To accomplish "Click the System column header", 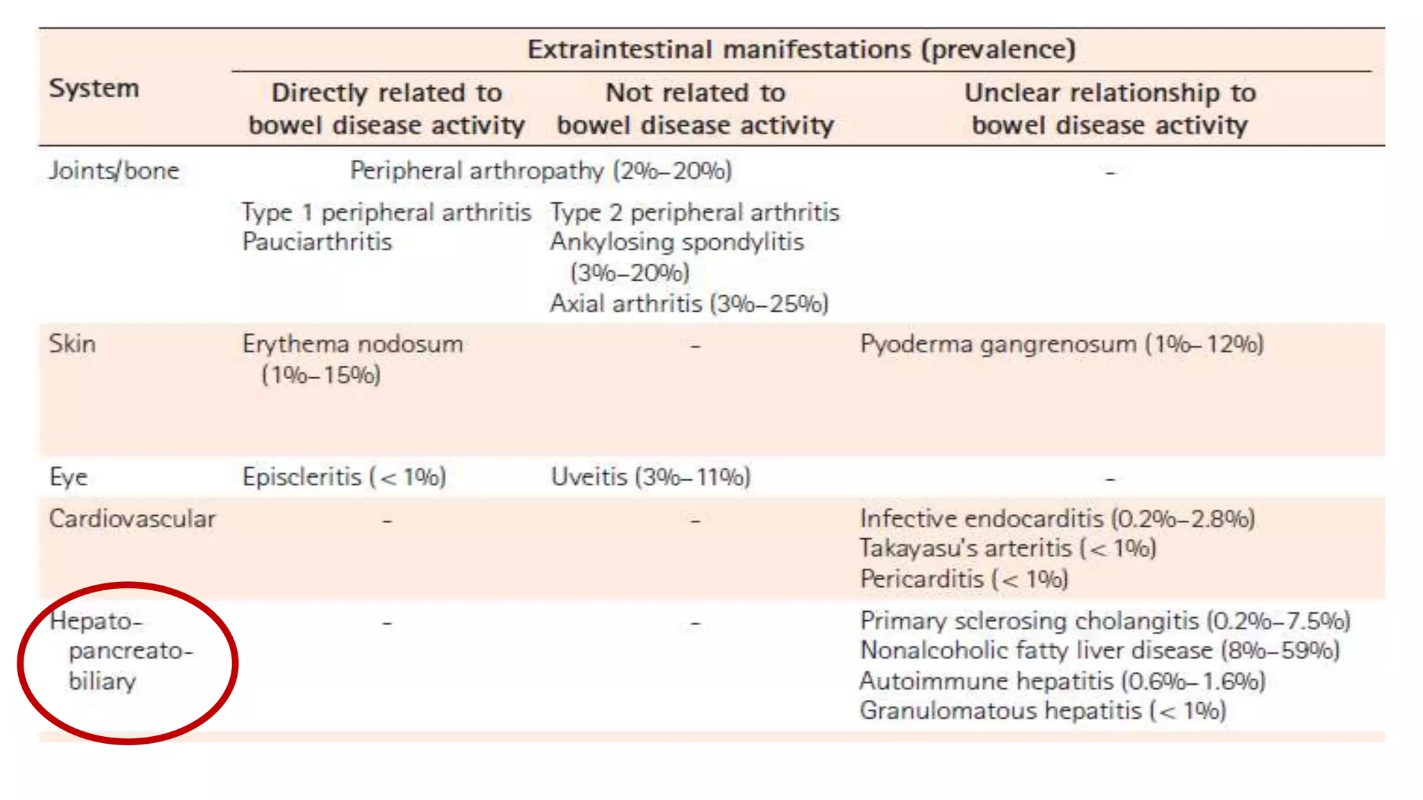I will pos(94,88).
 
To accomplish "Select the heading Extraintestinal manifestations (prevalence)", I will pos(801,49).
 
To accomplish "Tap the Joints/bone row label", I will pos(114,170).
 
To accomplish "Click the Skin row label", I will pos(72,344).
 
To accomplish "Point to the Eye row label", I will pos(68,477).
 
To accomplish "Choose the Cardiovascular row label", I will pos(132,519).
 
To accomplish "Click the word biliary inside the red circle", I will pos(102,681).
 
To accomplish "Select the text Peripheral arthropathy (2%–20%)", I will pos(541,170).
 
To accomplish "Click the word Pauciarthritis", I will pos(317,242).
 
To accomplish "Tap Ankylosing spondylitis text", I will pos(677,242).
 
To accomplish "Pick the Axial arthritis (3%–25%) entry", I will pos(689,303).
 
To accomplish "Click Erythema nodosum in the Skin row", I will pos(352,344).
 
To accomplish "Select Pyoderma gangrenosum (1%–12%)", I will pos(1061,344).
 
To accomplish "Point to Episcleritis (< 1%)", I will pos(344,477).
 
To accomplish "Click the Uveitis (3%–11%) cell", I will pos(650,477).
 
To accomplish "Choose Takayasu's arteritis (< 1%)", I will pos(1007,549).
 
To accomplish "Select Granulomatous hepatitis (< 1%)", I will pos(1042,710).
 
